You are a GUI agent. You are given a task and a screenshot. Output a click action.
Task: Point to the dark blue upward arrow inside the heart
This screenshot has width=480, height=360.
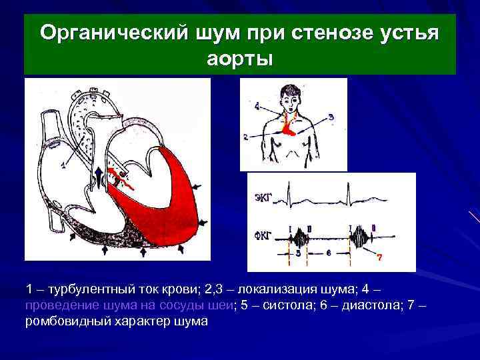click(x=99, y=179)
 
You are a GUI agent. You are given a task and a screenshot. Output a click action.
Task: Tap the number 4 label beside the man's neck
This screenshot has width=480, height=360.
click(x=257, y=105)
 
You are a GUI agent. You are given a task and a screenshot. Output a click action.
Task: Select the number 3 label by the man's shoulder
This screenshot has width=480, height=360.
click(x=331, y=117)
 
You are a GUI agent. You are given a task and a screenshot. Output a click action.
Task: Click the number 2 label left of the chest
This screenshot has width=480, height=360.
click(x=246, y=137)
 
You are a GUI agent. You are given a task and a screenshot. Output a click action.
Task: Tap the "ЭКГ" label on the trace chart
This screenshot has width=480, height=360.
click(x=264, y=197)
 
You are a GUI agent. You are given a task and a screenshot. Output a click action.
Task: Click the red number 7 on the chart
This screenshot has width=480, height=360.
click(x=379, y=257)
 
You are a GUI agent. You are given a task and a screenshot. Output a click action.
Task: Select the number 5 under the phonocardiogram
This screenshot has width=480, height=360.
click(x=298, y=254)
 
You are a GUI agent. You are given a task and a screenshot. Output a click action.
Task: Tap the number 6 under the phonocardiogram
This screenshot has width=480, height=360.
click(x=329, y=253)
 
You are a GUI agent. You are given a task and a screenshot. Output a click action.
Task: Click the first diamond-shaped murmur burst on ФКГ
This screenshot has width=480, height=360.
click(x=301, y=237)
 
